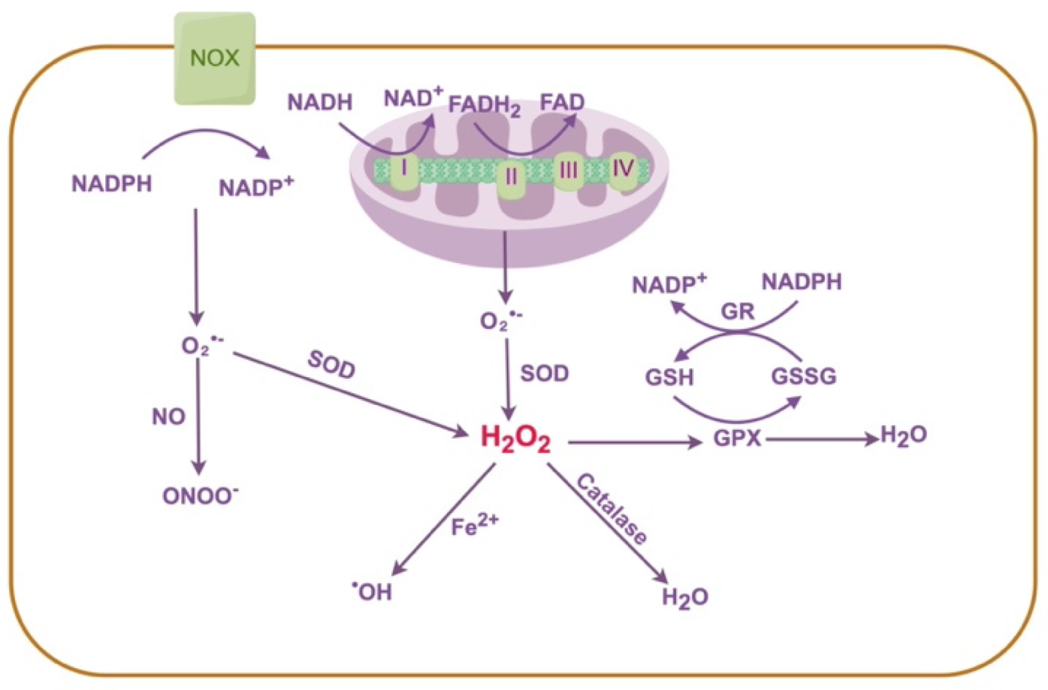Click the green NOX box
pyautogui.click(x=215, y=59)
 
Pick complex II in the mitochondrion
pyautogui.click(x=512, y=177)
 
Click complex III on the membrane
pyautogui.click(x=569, y=171)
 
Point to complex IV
pyautogui.click(x=623, y=168)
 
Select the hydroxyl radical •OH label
pyautogui.click(x=373, y=592)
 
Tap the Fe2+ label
pyautogui.click(x=474, y=525)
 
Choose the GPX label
pyautogui.click(x=737, y=438)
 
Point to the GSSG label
pyautogui.click(x=803, y=376)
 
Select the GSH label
pyautogui.click(x=669, y=376)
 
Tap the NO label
pyautogui.click(x=168, y=416)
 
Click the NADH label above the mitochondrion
pyautogui.click(x=319, y=102)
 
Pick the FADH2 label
pyautogui.click(x=485, y=105)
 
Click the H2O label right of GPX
pyautogui.click(x=903, y=436)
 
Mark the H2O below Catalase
pyautogui.click(x=684, y=598)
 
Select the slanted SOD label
pyautogui.click(x=331, y=365)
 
